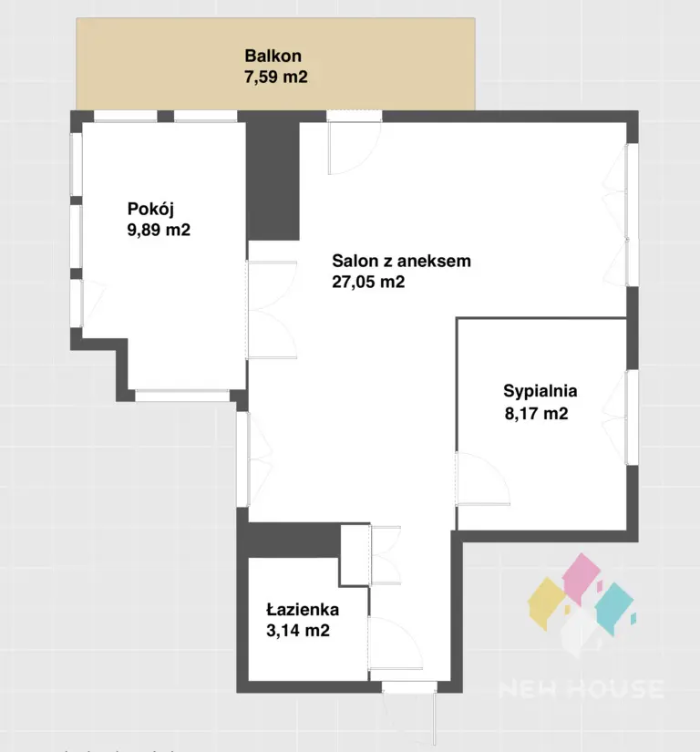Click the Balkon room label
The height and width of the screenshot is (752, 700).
(x=273, y=56)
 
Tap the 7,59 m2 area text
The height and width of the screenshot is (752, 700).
(x=275, y=77)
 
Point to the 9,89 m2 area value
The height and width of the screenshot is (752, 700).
(x=159, y=230)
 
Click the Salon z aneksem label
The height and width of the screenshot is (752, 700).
(x=401, y=261)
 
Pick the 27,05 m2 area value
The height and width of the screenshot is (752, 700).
(x=368, y=282)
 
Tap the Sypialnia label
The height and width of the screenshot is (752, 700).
(x=540, y=391)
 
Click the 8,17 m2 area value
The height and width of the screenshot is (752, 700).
(x=536, y=413)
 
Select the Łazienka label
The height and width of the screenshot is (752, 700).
(x=303, y=609)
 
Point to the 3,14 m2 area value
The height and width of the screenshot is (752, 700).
(x=298, y=630)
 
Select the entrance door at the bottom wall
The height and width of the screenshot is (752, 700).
(x=409, y=686)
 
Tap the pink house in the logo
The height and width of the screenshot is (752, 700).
(x=582, y=574)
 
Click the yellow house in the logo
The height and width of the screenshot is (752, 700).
(x=547, y=603)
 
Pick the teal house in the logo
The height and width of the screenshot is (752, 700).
(x=613, y=608)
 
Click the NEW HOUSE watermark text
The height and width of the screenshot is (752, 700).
(x=582, y=689)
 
